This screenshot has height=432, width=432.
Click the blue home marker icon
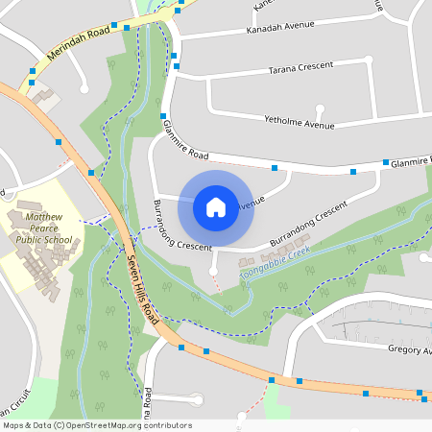(x=216, y=206)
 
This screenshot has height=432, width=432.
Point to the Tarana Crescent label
(x=300, y=66)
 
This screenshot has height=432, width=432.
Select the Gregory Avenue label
(x=409, y=350)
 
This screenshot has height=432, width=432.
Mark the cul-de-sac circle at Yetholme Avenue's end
(x=320, y=108)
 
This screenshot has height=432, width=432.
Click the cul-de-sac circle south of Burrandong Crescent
(x=213, y=272)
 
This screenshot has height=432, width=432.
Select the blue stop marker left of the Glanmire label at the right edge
(x=386, y=162)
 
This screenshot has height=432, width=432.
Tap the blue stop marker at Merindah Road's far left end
(x=33, y=71)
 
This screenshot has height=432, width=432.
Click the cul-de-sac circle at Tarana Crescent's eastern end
(x=369, y=60)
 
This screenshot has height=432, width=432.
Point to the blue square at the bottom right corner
(x=420, y=392)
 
